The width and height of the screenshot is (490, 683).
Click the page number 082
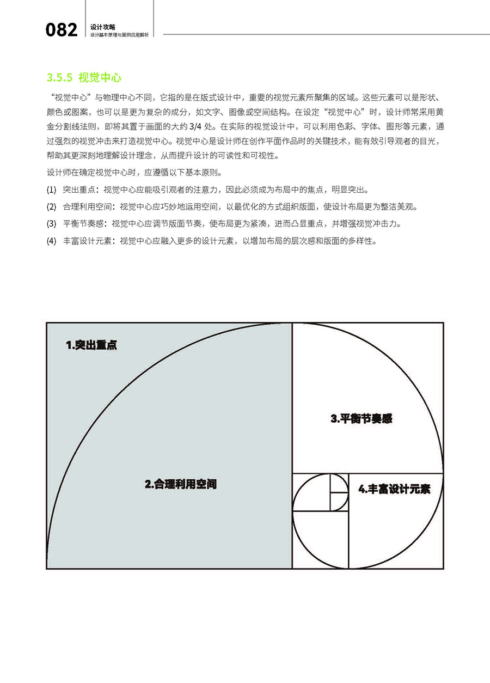click(62, 30)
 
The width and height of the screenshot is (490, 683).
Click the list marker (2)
click(52, 207)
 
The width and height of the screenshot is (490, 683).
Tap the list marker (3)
click(52, 224)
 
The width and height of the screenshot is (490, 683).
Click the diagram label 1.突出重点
click(91, 345)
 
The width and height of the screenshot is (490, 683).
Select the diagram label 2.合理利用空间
click(181, 484)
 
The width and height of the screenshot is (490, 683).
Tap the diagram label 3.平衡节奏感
click(362, 419)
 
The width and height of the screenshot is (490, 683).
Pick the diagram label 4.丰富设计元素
click(394, 489)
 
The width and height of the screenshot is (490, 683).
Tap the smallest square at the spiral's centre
click(339, 483)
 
